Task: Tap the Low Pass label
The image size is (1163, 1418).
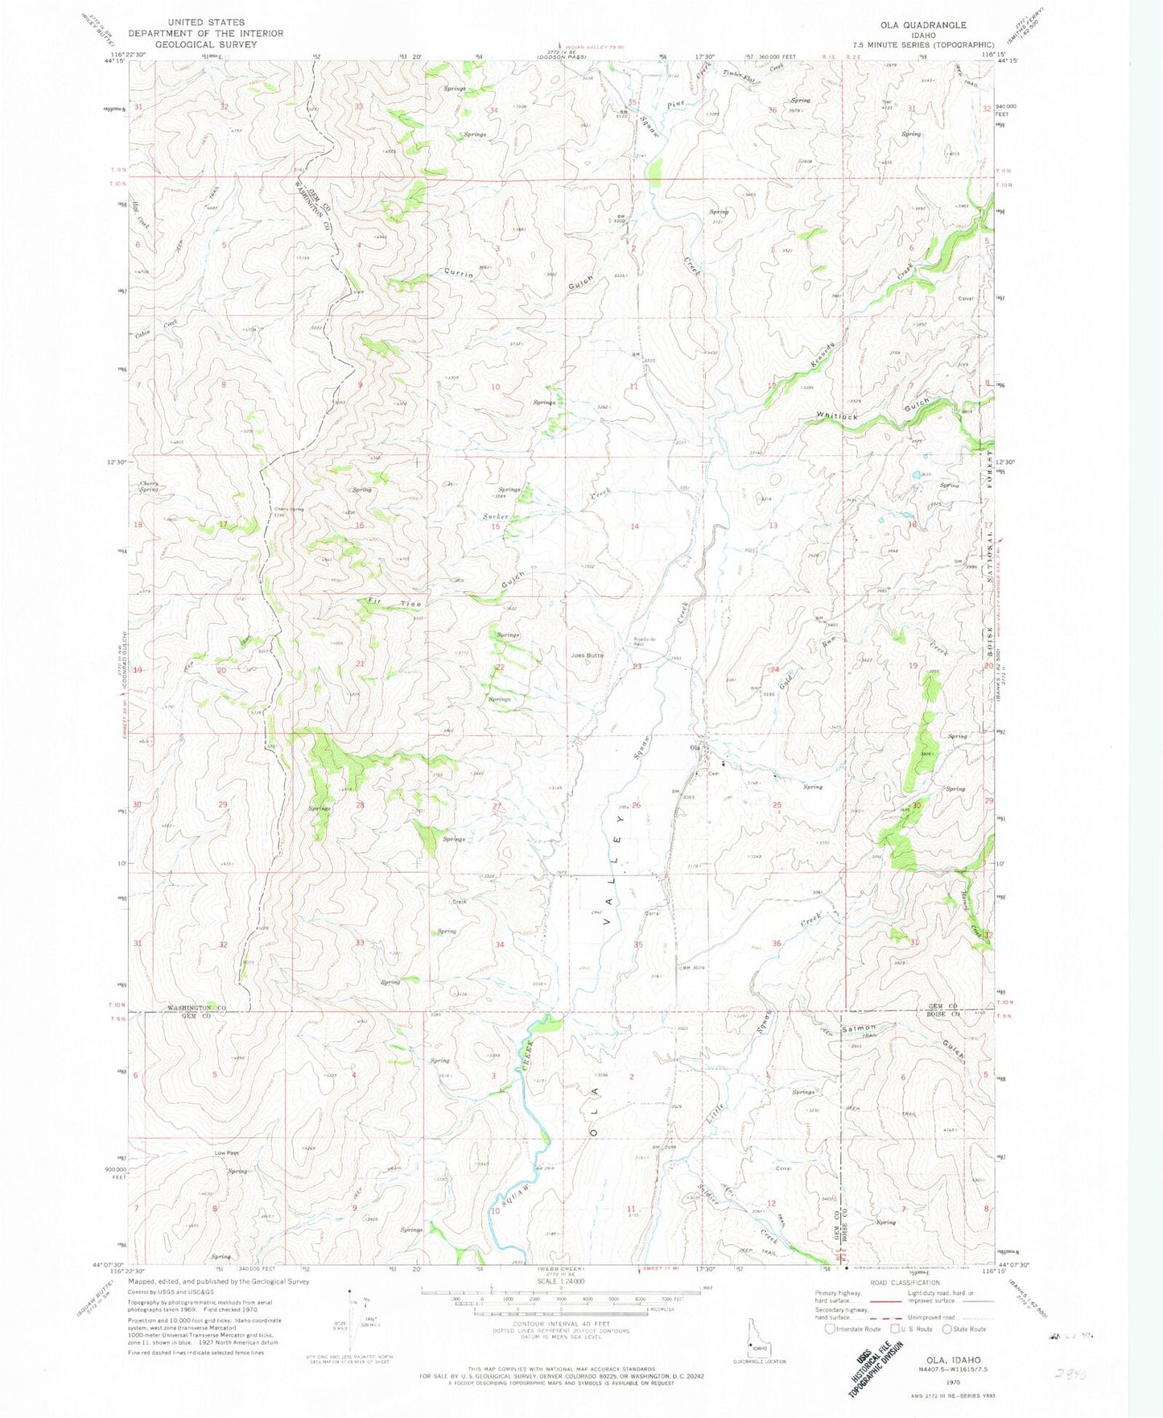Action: coord(226,1153)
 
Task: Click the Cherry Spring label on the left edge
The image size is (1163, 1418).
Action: coord(148,486)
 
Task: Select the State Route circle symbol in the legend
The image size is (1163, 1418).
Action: coord(946,1329)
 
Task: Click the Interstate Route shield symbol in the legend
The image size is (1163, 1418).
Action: coord(830,1329)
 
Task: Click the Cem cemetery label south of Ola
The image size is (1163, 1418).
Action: coord(712,775)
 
